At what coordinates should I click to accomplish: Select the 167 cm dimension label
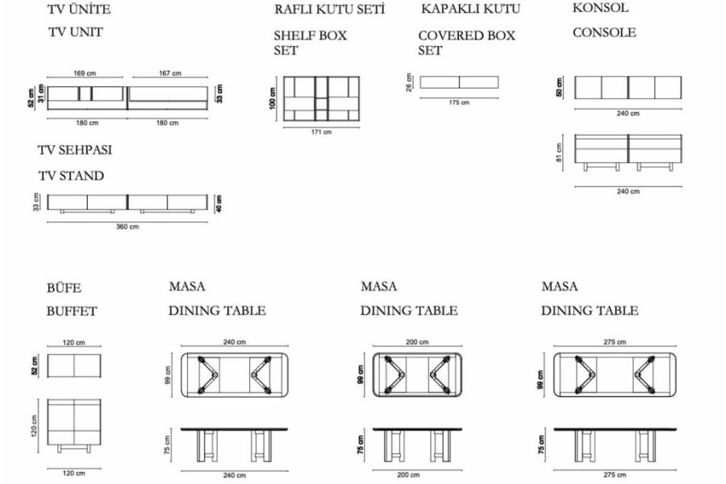pyautogui.click(x=169, y=73)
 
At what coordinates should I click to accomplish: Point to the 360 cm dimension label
pyautogui.click(x=127, y=227)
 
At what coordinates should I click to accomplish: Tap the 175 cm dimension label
pyautogui.click(x=458, y=102)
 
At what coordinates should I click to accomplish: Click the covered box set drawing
pyautogui.click(x=459, y=81)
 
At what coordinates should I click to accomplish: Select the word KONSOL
pyautogui.click(x=600, y=8)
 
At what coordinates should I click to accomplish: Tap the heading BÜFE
pyautogui.click(x=65, y=287)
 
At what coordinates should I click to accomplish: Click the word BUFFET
pyautogui.click(x=72, y=311)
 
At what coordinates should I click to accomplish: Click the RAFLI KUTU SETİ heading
pyautogui.click(x=328, y=10)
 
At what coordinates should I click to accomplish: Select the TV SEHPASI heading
pyautogui.click(x=74, y=151)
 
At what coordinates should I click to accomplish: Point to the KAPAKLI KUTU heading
pyautogui.click(x=470, y=10)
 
